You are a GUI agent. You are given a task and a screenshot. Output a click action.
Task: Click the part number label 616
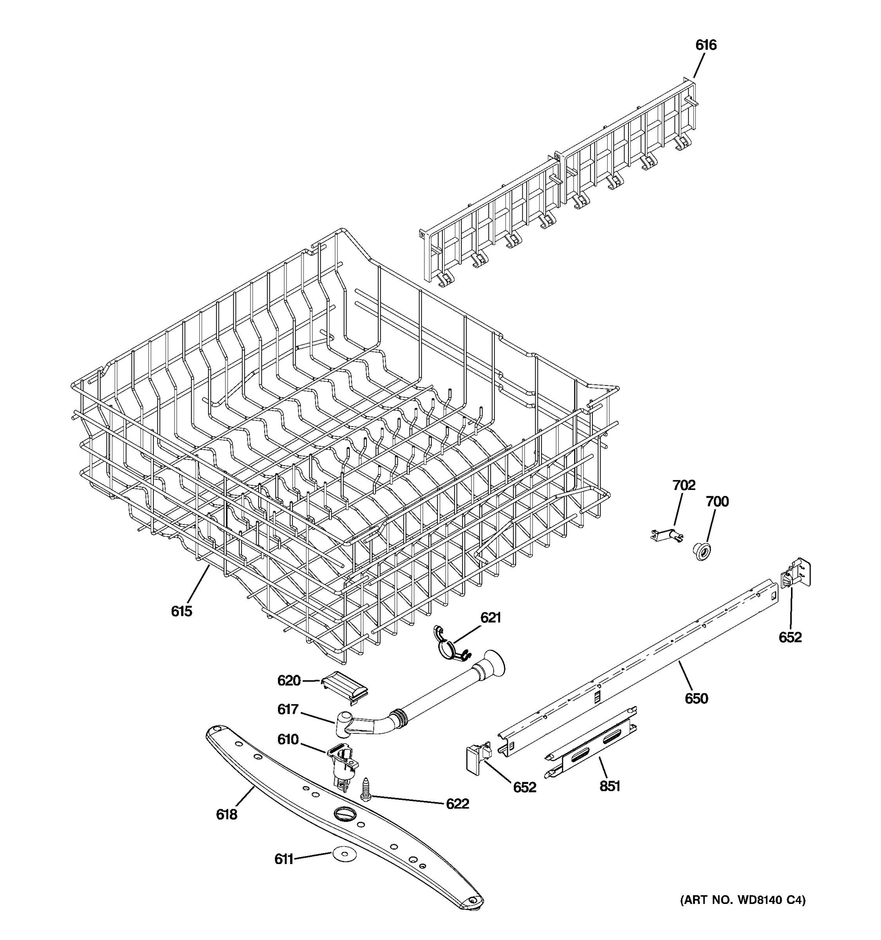(x=705, y=45)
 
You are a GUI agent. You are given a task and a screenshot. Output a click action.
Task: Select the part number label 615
(x=182, y=611)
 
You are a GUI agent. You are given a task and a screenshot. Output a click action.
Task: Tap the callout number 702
(x=684, y=485)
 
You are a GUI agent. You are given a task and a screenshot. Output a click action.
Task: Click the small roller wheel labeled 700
(x=702, y=552)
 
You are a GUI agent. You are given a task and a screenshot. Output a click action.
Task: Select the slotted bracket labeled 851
(x=591, y=746)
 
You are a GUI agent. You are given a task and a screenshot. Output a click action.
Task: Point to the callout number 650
(x=696, y=698)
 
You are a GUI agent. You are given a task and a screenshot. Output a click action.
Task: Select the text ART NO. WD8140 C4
(x=742, y=900)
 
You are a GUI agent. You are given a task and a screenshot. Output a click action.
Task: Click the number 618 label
(x=226, y=814)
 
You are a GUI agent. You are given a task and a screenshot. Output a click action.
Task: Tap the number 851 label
(x=609, y=786)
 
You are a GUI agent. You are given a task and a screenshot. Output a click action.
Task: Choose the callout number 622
(x=457, y=804)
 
